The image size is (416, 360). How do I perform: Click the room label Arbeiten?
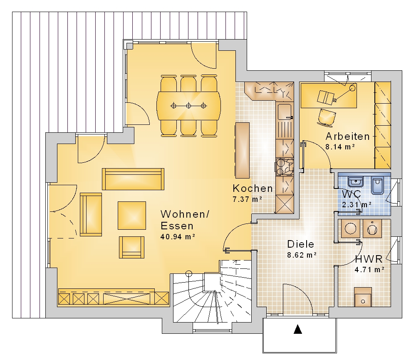[x=347, y=136]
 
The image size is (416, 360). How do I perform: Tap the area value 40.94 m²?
[x=178, y=236]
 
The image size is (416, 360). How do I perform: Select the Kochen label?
[x=253, y=188]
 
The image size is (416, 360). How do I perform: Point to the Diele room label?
[x=301, y=244]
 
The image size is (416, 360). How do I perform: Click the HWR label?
[x=369, y=259]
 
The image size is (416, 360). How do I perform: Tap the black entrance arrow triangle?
[x=298, y=329]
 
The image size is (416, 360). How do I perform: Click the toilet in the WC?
[x=377, y=185]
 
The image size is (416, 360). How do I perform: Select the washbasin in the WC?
[x=356, y=181]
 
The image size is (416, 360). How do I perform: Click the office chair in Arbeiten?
[x=327, y=117]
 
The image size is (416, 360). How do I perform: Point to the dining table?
[x=188, y=106]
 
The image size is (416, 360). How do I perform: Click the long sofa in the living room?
[x=133, y=179]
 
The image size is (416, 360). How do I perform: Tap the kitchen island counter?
[x=242, y=150]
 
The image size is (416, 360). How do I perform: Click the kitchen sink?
[x=285, y=112]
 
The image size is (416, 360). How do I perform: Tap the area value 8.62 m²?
[x=302, y=255]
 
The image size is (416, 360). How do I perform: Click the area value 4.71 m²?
[x=369, y=270]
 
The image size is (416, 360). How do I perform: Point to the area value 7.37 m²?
[x=248, y=199]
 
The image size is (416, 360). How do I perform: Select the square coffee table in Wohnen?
[x=132, y=215]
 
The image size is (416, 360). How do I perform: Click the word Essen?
[x=177, y=226]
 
